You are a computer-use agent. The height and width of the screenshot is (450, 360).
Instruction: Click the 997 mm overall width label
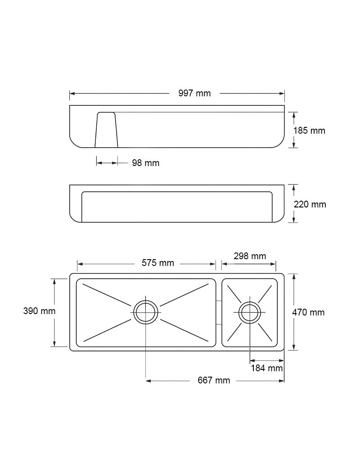[194, 94]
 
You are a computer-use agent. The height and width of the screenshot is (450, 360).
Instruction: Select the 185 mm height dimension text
[309, 131]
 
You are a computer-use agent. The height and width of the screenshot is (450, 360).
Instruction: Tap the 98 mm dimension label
[145, 163]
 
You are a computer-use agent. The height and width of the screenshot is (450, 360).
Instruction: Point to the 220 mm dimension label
[310, 204]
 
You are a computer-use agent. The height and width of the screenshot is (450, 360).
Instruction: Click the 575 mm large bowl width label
[157, 263]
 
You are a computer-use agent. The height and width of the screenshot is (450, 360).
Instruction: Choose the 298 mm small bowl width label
[250, 256]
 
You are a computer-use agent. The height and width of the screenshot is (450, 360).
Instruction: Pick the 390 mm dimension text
[39, 311]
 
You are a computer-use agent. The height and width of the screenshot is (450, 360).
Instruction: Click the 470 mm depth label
[308, 312]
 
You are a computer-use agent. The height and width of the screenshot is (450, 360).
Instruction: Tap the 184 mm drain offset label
[267, 368]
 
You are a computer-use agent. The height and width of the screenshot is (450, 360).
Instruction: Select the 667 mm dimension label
[214, 381]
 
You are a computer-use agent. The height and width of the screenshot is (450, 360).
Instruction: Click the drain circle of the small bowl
[250, 312]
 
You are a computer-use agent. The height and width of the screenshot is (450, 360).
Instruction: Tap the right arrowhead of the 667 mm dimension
[282, 381]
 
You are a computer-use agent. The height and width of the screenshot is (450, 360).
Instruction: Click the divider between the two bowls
[219, 312]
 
